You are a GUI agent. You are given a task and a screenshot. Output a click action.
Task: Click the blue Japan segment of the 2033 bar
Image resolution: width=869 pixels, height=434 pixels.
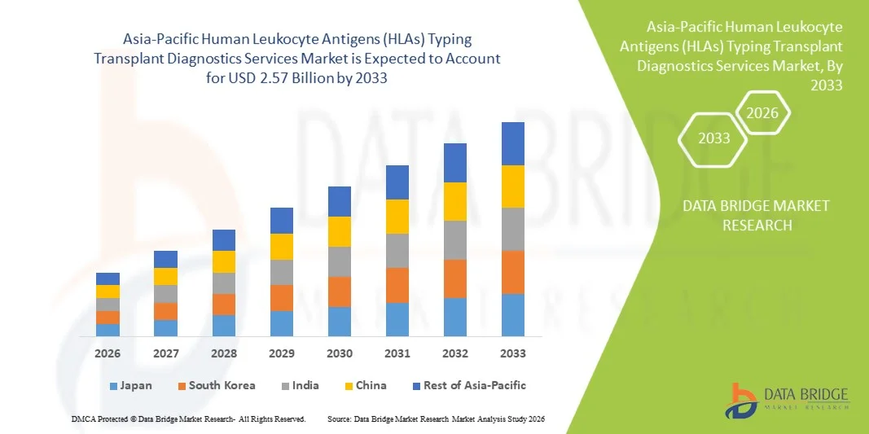click(513, 315)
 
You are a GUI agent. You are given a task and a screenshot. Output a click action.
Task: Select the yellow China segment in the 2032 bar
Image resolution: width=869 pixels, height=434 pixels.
click(455, 201)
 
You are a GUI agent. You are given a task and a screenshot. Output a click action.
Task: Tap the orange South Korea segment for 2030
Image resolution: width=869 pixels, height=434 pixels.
click(340, 292)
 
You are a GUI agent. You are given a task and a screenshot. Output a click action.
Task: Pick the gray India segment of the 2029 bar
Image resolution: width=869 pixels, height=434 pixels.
click(282, 272)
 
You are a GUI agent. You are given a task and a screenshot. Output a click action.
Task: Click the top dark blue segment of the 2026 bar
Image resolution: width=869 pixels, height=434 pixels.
click(108, 278)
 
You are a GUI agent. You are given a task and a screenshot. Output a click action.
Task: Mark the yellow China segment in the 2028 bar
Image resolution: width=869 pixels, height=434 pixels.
click(224, 261)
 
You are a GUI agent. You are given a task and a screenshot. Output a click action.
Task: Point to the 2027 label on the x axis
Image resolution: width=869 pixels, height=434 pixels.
click(165, 353)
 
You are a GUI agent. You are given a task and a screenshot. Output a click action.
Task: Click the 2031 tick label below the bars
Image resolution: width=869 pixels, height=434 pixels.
click(397, 353)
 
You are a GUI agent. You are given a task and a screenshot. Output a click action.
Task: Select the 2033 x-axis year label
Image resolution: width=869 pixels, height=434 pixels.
click(513, 353)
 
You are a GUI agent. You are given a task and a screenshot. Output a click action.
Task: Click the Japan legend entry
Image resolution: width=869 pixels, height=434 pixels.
click(130, 385)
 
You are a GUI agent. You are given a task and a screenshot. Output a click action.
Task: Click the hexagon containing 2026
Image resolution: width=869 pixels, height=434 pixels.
click(763, 113)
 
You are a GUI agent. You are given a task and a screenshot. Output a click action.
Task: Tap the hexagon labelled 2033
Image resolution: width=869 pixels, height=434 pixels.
click(714, 138)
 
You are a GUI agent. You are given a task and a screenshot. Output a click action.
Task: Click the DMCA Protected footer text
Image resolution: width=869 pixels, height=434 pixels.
click(187, 419)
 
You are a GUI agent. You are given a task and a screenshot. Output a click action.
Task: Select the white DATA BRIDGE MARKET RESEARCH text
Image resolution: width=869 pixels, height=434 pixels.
click(757, 215)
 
